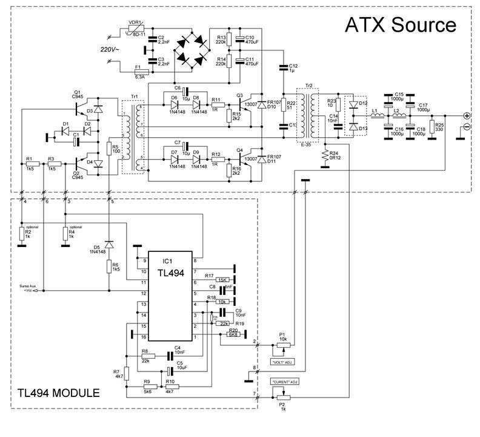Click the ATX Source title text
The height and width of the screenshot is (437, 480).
400,25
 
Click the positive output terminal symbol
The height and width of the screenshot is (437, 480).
467,115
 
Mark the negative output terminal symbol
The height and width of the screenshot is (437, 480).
467,126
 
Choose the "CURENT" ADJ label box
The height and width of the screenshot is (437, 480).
283,382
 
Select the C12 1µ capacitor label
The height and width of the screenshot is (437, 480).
293,68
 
